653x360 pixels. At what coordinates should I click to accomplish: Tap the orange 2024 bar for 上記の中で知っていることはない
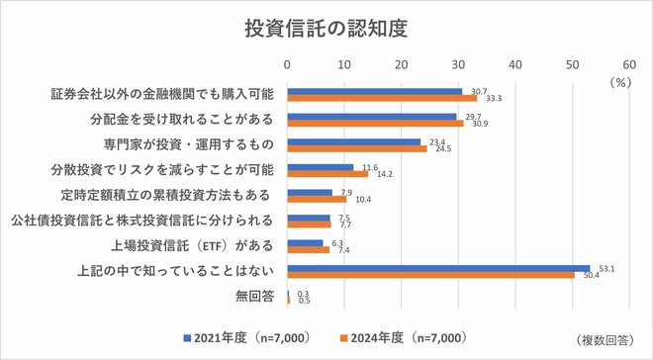coord(430,275)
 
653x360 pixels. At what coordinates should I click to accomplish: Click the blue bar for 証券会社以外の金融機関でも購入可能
coord(374,91)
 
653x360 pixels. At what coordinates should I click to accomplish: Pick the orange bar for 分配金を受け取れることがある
coord(375,124)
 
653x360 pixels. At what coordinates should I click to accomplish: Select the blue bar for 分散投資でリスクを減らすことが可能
coord(320,167)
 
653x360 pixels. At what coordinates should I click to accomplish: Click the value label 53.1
coord(602,267)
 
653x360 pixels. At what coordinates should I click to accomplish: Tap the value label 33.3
coord(495,99)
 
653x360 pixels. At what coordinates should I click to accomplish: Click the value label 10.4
coord(364,199)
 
